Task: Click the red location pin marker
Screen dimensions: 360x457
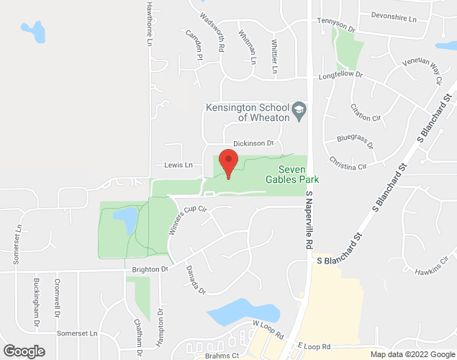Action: [228, 163]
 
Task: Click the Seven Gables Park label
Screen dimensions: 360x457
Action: [293, 173]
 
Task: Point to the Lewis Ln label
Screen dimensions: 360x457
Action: [178, 165]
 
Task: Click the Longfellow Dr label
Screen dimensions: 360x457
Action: [340, 75]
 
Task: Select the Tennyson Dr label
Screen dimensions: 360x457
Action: [336, 25]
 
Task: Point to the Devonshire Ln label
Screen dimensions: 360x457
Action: [394, 15]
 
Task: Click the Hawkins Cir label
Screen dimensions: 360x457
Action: [432, 271]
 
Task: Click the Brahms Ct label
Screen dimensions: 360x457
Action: [220, 355]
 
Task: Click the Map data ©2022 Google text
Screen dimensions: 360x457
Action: [411, 354]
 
